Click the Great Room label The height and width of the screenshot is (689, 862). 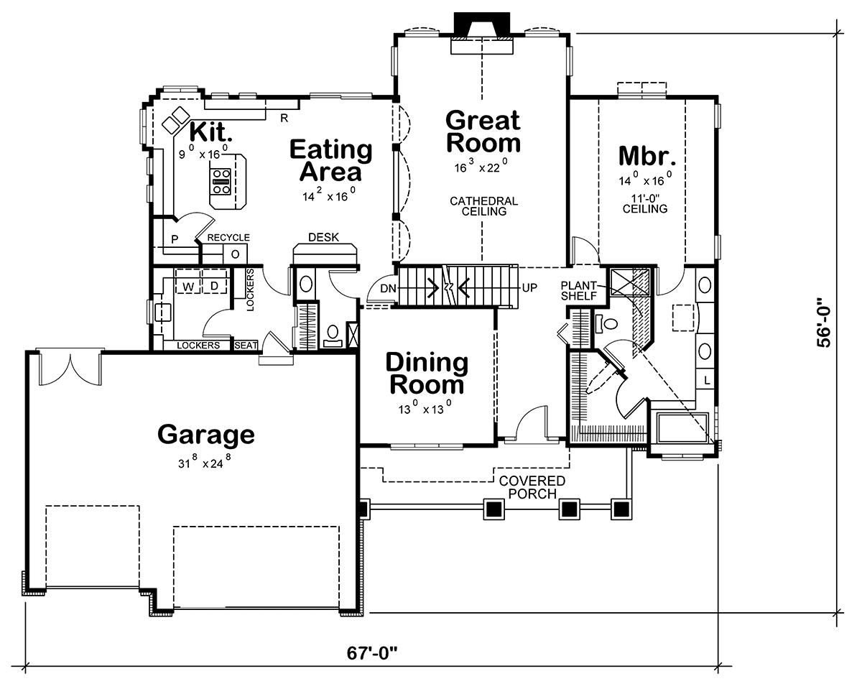483,131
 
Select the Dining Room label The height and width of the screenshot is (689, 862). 427,374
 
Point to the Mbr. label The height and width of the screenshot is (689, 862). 647,156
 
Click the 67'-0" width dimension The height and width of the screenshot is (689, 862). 372,653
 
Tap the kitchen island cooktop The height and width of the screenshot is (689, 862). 221,182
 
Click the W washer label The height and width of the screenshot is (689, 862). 188,287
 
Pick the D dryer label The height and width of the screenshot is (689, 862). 214,286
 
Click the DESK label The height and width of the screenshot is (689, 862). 324,238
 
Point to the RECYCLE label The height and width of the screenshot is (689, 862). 228,238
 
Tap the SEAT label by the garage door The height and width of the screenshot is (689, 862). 246,346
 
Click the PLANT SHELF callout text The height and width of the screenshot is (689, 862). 579,290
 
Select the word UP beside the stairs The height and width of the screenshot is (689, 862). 529,287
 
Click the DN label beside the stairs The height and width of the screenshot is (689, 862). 388,288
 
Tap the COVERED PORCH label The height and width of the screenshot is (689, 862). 532,487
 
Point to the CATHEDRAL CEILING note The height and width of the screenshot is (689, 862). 484,206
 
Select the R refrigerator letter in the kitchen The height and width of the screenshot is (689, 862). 284,118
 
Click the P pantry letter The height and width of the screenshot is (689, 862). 175,239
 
